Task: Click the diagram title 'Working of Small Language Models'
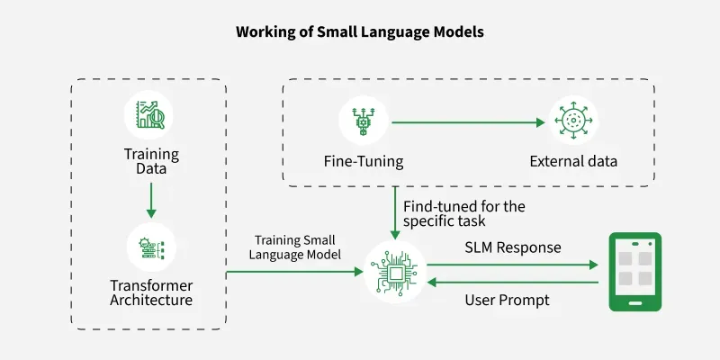click(359, 32)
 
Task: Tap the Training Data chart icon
click(150, 115)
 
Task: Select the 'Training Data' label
click(151, 161)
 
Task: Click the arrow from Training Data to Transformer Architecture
click(151, 200)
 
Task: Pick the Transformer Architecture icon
click(151, 247)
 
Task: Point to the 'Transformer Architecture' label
click(151, 292)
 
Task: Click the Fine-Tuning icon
click(364, 121)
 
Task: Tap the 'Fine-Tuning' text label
click(364, 162)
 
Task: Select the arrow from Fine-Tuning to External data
click(468, 122)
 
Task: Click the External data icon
click(573, 121)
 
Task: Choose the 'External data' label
click(573, 162)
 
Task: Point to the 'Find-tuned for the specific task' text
click(463, 213)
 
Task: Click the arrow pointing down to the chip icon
click(394, 213)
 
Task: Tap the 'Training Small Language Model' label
click(295, 247)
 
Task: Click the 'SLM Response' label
click(512, 247)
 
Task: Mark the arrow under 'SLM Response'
click(512, 265)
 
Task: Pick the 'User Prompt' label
click(507, 301)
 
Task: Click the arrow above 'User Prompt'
click(512, 283)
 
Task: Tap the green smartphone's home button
click(635, 303)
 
